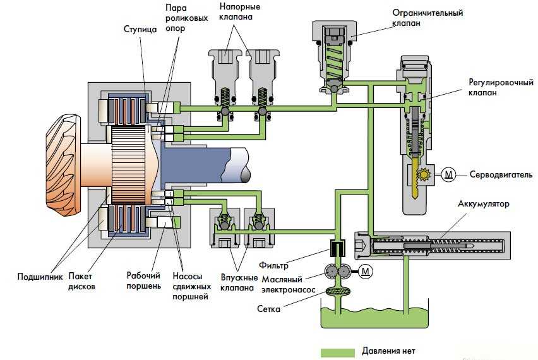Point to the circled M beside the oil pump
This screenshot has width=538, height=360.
click(x=364, y=272)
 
